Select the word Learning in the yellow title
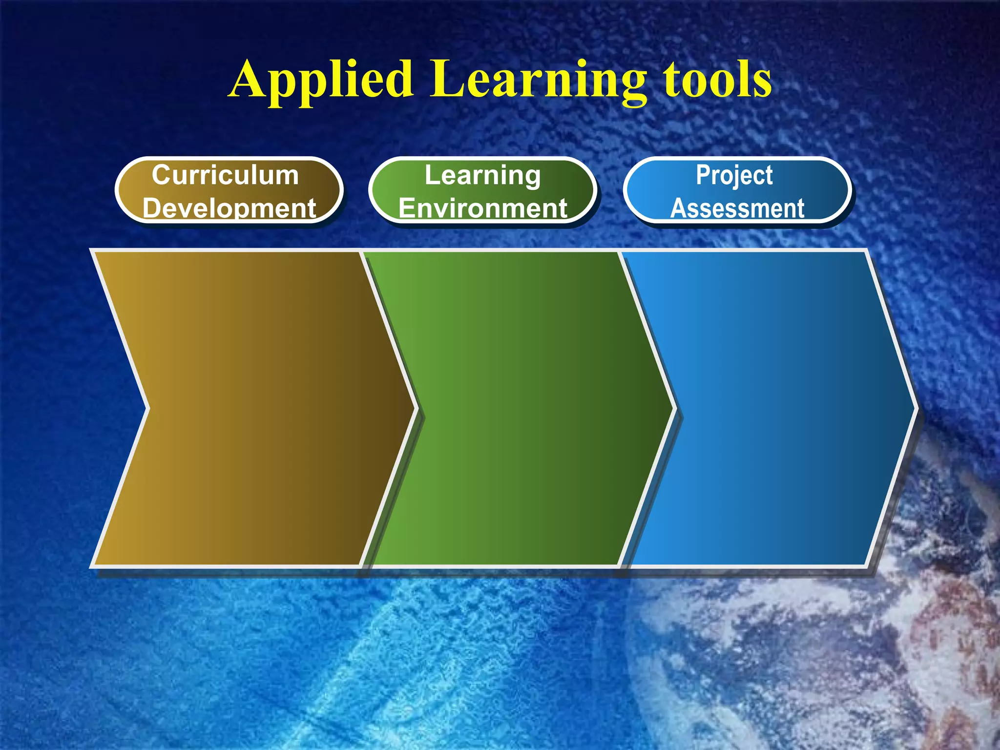[x=537, y=81]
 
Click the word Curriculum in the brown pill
[x=225, y=175]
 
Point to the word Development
[x=229, y=208]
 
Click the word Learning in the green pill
[x=482, y=175]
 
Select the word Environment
[x=482, y=208]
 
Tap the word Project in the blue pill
[x=734, y=175]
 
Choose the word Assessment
[x=737, y=208]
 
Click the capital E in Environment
[x=407, y=208]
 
